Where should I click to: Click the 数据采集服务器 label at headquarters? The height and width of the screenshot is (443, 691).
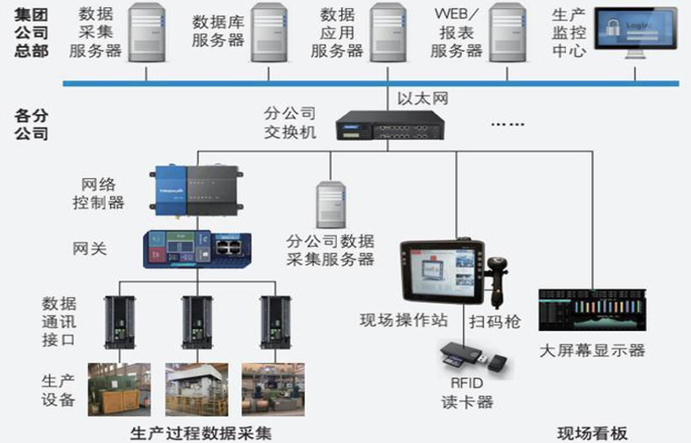(95, 32)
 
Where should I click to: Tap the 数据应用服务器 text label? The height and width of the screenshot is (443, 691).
(337, 33)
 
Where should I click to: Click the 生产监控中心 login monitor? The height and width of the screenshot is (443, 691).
(634, 36)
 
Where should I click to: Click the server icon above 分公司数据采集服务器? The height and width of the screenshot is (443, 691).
(331, 205)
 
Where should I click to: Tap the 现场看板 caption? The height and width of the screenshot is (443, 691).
(592, 433)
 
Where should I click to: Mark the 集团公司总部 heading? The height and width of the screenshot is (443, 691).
(31, 33)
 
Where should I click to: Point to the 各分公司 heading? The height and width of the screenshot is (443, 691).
(31, 124)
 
